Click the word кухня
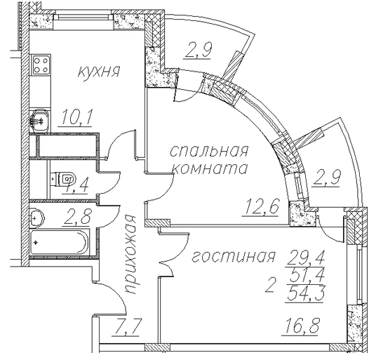pyautogui.click(x=99, y=72)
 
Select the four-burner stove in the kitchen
pyautogui.click(x=40, y=65)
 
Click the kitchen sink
pyautogui.click(x=40, y=121)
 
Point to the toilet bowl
pyautogui.click(x=63, y=179)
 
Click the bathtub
pyautogui.click(x=59, y=242)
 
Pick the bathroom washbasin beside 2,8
pyautogui.click(x=36, y=217)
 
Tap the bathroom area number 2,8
pyautogui.click(x=77, y=217)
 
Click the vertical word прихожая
pyautogui.click(x=130, y=254)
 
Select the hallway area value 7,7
pyautogui.click(x=126, y=326)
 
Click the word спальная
pyautogui.click(x=209, y=151)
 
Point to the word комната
pyautogui.click(x=210, y=168)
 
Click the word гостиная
pyautogui.click(x=233, y=257)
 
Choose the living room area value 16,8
pyautogui.click(x=301, y=326)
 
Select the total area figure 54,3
pyautogui.click(x=305, y=293)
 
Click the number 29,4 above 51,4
pyautogui.click(x=305, y=258)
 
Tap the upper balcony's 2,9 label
pyautogui.click(x=198, y=50)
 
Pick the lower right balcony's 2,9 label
pyautogui.click(x=326, y=178)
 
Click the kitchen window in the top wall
pyautogui.click(x=83, y=17)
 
